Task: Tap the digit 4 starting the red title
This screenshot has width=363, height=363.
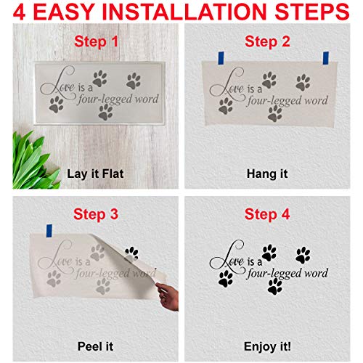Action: click(x=14, y=13)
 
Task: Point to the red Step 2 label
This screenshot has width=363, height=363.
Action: click(x=267, y=42)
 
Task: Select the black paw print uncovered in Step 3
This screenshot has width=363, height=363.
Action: click(x=131, y=253)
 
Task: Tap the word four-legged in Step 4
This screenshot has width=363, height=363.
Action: click(x=272, y=273)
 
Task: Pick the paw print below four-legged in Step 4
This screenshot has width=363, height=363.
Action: click(x=274, y=287)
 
